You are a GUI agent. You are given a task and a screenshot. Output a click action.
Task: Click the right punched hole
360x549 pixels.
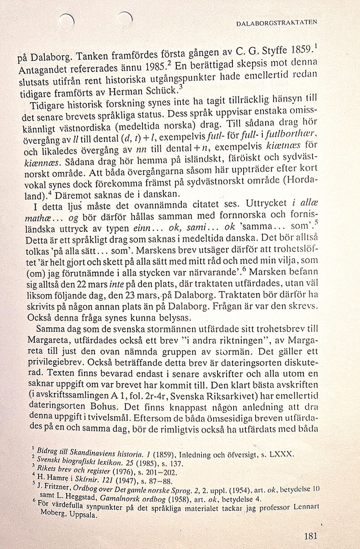(x=125, y=18)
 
